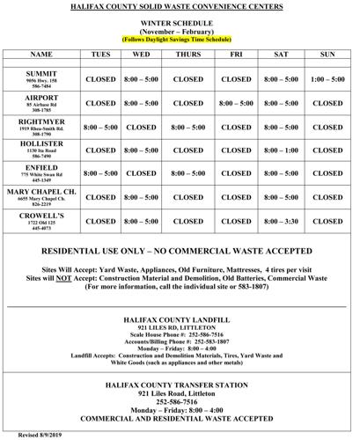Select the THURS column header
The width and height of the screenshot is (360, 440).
(x=188, y=54)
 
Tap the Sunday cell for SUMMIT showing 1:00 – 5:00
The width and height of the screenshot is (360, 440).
(x=327, y=78)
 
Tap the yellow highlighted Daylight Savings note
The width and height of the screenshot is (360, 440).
(x=179, y=40)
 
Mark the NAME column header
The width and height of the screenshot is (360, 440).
(x=41, y=54)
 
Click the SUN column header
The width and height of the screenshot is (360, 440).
(x=327, y=54)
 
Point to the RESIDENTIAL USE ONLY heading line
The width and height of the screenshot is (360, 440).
(x=180, y=252)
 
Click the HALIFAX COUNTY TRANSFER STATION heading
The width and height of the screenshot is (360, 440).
(x=179, y=384)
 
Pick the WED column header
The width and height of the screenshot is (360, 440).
(x=141, y=54)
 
